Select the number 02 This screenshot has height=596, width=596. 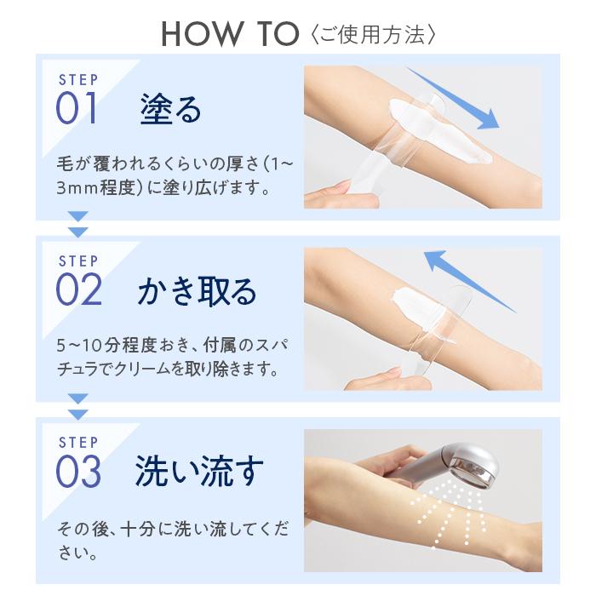[78, 290]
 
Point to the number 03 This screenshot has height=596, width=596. [78, 472]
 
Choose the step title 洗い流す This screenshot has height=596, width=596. [199, 472]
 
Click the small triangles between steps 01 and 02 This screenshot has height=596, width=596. [77, 223]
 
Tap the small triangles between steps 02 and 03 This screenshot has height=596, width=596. [77, 405]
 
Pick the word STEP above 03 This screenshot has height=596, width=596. [77, 443]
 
